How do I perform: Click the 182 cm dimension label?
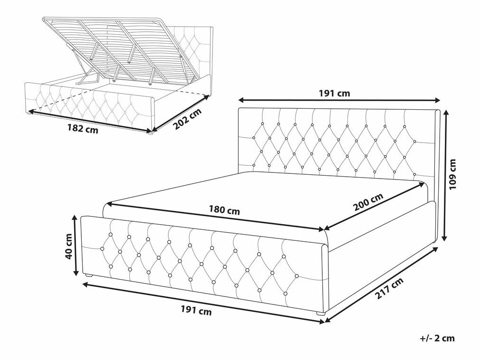(83, 129)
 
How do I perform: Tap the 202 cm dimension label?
(187, 119)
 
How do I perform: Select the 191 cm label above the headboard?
(334, 93)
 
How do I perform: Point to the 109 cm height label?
(453, 174)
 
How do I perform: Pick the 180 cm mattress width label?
(224, 211)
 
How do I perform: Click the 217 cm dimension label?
(389, 289)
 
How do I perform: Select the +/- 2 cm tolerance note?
(437, 338)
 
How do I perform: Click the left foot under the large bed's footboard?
(89, 275)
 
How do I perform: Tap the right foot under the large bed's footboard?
(320, 313)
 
